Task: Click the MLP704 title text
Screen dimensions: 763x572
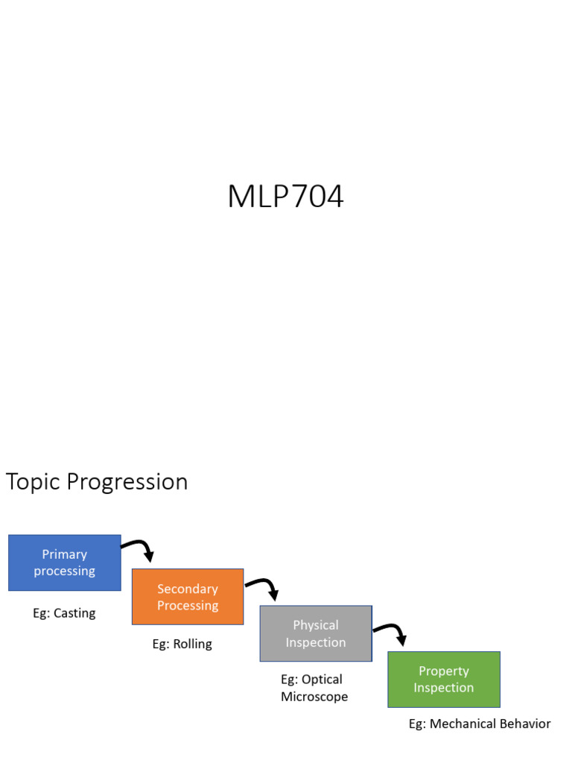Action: click(285, 197)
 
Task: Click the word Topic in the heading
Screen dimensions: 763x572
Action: click(33, 482)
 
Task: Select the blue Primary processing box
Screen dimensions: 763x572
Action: click(64, 563)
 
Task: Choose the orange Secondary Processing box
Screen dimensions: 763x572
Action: click(188, 597)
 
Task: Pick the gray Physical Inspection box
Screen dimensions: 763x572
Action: click(316, 633)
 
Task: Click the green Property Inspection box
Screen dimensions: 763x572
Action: click(444, 680)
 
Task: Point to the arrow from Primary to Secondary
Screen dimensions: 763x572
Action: click(139, 549)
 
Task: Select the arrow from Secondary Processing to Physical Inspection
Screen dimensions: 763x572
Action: click(264, 587)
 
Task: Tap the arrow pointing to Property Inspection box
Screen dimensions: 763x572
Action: click(392, 633)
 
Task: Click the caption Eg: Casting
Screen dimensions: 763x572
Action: click(64, 613)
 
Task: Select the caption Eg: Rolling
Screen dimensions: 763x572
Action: click(182, 644)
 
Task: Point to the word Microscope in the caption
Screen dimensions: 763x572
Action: click(314, 697)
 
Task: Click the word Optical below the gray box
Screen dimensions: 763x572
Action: click(322, 680)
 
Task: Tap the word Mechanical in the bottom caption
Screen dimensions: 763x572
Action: click(463, 724)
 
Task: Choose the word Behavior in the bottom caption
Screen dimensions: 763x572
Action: click(525, 724)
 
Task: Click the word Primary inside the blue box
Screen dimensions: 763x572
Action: click(64, 554)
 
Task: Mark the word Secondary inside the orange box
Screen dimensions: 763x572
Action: click(188, 589)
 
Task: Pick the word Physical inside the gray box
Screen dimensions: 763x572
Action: click(316, 625)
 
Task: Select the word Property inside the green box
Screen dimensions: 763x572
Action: click(444, 671)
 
